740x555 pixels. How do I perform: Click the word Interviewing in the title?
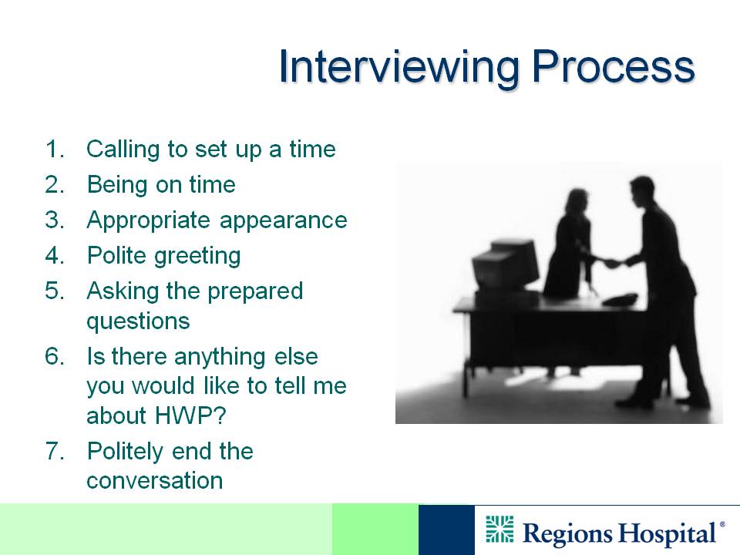[399, 68]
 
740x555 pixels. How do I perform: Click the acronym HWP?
[190, 415]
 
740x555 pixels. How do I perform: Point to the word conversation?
[155, 481]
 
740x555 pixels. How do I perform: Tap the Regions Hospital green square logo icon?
[499, 529]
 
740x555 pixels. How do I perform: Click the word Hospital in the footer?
[668, 533]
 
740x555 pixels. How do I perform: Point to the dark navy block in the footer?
[446, 530]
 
